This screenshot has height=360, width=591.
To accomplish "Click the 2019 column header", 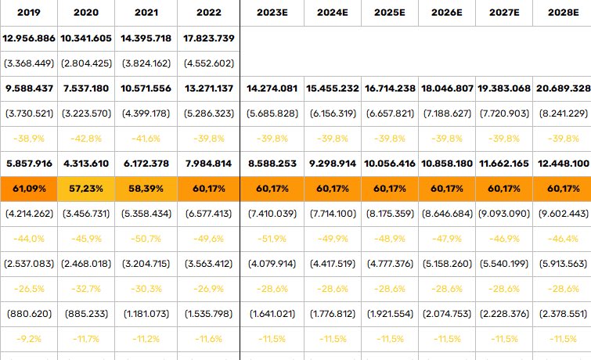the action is coord(29,13).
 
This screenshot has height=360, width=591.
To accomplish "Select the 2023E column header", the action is coord(272,13).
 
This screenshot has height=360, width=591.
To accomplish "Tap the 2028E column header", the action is coord(563,13).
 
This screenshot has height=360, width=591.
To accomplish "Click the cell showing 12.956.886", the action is coord(29,38).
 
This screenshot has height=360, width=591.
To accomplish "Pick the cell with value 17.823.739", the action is coord(209,38).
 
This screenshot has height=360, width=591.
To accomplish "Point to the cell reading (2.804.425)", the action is coord(86,63).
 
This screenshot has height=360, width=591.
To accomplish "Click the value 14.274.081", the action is coord(272,88).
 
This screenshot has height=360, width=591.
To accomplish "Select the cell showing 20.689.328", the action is coord(563,88).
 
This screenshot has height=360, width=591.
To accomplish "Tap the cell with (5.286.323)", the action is coord(209,113).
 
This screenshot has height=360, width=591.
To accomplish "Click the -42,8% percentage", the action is coord(86,139).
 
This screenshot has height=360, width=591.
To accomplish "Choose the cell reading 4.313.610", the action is coord(86,164).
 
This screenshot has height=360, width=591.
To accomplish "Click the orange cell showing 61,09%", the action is coord(29,189).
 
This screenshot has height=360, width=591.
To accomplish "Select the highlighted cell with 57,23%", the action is coord(86,189).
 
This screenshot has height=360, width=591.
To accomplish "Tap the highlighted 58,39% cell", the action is coord(146,189).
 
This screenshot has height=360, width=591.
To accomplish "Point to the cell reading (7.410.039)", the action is coord(272,214).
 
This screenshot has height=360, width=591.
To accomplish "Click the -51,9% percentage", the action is coord(272,239).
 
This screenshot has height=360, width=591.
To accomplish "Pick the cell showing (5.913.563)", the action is coord(563,264).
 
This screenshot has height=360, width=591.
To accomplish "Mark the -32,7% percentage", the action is coord(86,289).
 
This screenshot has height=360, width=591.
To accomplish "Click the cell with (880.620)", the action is coord(29,314).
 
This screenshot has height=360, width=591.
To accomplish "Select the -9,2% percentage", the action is coord(29,339).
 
